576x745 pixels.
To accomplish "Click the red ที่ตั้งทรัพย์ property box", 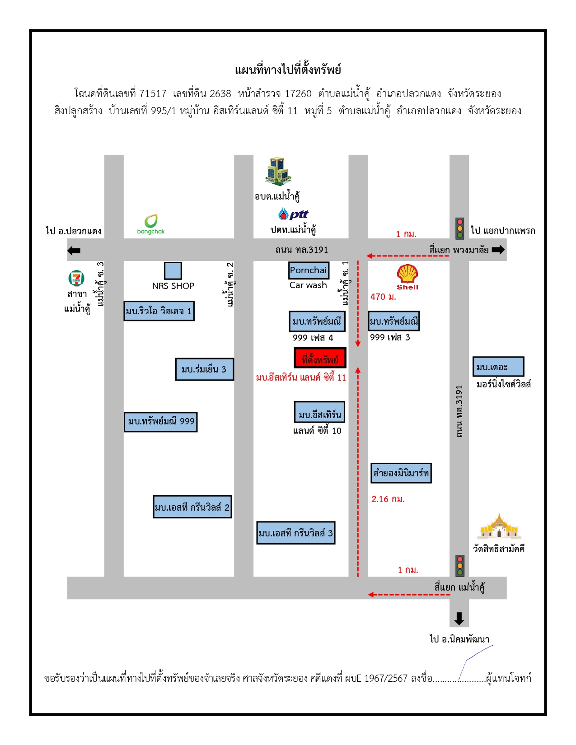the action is (x=320, y=358).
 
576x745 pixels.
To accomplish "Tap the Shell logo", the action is (x=407, y=277).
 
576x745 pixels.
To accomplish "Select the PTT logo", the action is (x=293, y=214).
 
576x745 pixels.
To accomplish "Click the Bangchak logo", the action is (x=150, y=224).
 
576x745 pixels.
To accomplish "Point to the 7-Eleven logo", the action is (x=76, y=278).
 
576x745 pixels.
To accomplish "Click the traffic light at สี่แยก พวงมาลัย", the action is (x=459, y=228).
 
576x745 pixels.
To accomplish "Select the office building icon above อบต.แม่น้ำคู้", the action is (x=278, y=171).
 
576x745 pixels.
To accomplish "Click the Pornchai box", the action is (x=309, y=270).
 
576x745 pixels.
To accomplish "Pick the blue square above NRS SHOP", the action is (x=173, y=271).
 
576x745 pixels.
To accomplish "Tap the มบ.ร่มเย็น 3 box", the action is (x=205, y=369).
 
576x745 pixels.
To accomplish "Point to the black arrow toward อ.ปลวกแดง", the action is (x=74, y=251).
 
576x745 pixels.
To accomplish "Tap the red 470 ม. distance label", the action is (x=383, y=297).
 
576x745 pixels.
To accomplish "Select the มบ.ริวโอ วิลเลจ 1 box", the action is (x=159, y=311).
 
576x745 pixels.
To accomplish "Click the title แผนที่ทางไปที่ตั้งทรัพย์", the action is (x=288, y=70).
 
